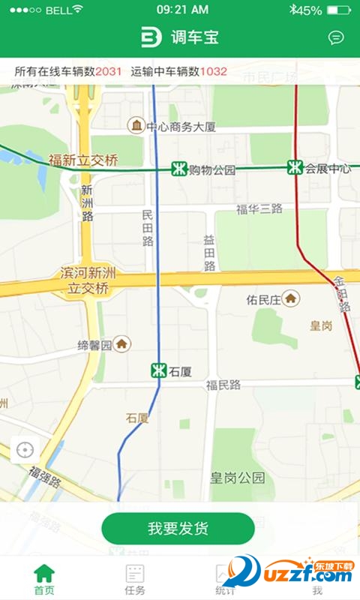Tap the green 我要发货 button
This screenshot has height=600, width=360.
click(178, 528)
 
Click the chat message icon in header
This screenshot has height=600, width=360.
click(336, 37)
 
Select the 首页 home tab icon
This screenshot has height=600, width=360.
click(44, 574)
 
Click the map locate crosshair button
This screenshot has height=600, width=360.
click(25, 450)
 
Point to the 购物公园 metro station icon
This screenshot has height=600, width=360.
click(178, 169)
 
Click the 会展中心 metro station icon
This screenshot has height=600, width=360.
click(295, 168)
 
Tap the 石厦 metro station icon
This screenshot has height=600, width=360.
click(158, 370)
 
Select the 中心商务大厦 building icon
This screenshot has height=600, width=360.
click(136, 125)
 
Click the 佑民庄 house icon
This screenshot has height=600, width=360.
click(291, 299)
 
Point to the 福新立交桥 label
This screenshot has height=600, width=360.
click(83, 160)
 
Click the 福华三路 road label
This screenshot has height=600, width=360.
click(259, 209)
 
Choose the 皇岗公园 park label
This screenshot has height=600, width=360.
click(237, 477)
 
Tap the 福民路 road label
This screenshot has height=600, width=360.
click(223, 385)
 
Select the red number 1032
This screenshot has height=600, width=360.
click(213, 71)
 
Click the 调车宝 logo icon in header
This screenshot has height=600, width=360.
click(151, 37)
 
